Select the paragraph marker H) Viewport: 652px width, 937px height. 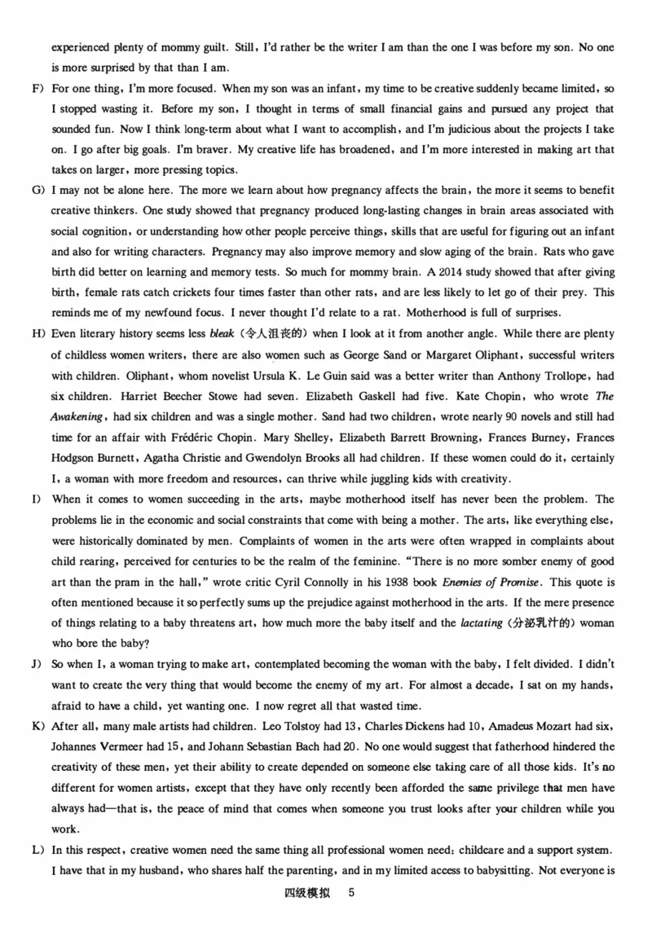(x=37, y=334)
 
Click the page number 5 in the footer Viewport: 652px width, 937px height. (x=351, y=893)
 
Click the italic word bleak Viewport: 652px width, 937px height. (x=222, y=334)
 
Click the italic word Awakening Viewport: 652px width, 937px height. (x=81, y=416)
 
